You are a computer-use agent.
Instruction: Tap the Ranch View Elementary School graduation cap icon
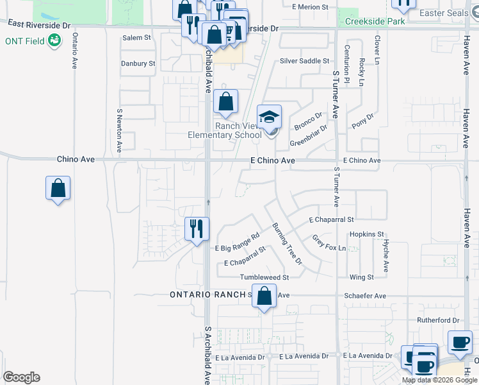tap(269, 116)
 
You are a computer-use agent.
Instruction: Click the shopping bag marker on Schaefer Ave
tap(264, 296)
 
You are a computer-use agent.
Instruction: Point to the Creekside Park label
tap(375, 21)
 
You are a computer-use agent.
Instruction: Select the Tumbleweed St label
tap(264, 277)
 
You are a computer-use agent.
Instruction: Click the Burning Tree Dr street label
tap(286, 244)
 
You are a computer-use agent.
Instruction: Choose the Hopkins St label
tap(367, 234)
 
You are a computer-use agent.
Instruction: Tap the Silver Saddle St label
tap(304, 61)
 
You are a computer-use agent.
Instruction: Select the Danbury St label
tap(138, 64)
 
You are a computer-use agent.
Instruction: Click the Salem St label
tap(136, 38)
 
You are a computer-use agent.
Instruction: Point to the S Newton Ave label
tap(119, 131)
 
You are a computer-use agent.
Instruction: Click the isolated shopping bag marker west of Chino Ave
tap(58, 188)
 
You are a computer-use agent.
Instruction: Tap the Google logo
tap(21, 377)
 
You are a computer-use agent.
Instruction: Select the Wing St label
tap(362, 277)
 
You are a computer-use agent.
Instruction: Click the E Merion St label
tap(309, 7)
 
